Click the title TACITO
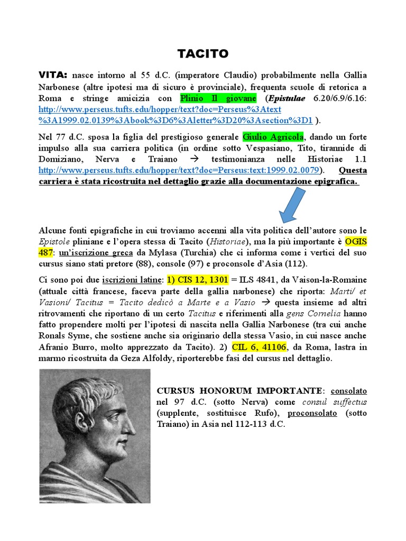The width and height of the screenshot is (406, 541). [202, 54]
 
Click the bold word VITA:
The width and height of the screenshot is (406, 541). [54, 75]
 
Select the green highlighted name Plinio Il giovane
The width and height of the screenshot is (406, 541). [218, 98]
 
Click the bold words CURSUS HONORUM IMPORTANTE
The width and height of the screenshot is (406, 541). [239, 391]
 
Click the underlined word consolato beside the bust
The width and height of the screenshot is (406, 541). [348, 391]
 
